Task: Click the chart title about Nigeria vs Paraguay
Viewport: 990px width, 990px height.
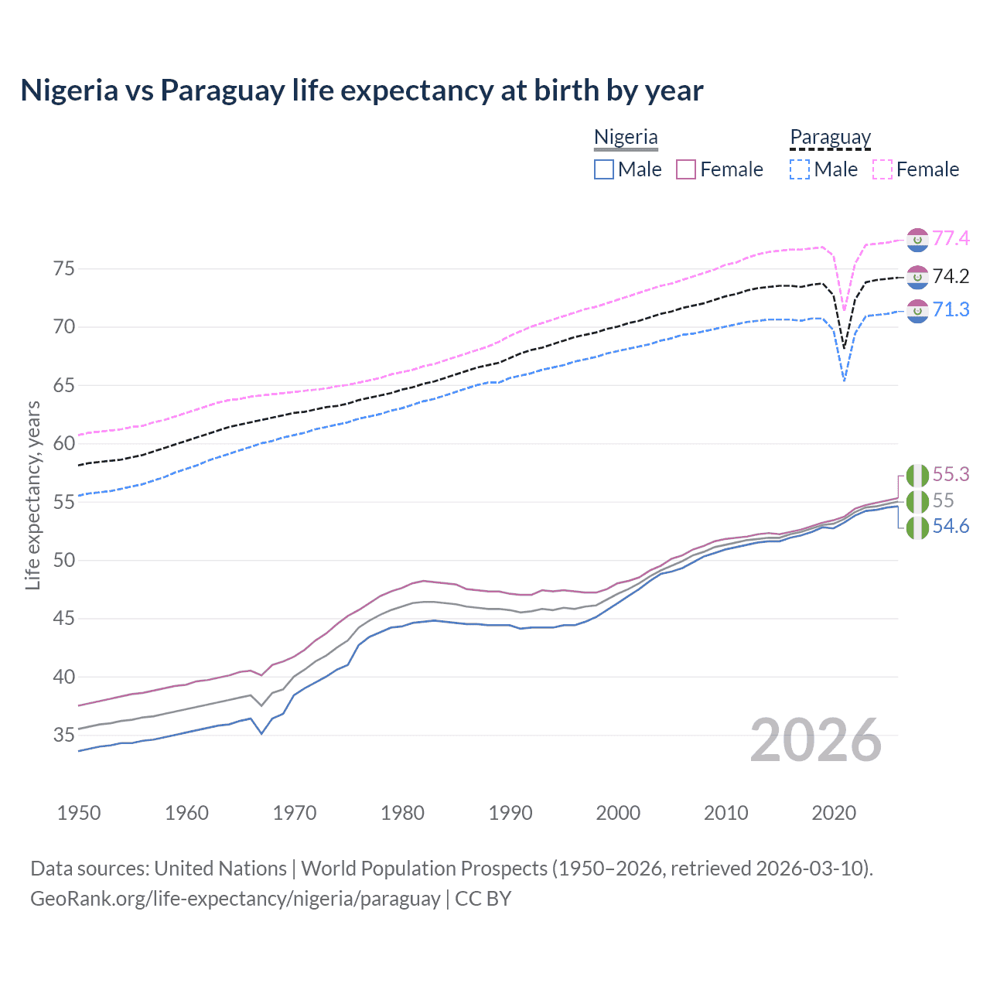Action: tap(361, 90)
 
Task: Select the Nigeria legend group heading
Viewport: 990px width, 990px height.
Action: tap(626, 138)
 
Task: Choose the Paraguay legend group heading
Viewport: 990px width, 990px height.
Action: tap(830, 138)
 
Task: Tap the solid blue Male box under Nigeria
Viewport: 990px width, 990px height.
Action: tap(604, 169)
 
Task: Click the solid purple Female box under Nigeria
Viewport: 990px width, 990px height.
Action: tap(686, 169)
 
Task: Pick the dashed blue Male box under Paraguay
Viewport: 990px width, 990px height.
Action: tap(800, 169)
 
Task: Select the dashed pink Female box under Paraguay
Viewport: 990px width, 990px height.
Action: tap(882, 169)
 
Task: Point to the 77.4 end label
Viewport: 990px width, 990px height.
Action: tap(951, 239)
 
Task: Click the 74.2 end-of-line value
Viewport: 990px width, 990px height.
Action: tap(951, 277)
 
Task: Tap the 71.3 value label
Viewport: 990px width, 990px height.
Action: tap(951, 310)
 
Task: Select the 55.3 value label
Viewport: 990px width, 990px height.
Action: tap(951, 474)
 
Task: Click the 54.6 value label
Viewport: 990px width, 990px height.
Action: tap(951, 527)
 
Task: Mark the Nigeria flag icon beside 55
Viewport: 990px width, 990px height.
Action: tap(917, 501)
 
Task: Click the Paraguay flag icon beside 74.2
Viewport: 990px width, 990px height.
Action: tap(917, 277)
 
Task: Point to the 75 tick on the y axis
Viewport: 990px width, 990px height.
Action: tap(64, 269)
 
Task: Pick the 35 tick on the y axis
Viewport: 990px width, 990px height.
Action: tap(64, 735)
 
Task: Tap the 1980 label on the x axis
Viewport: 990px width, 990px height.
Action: tap(402, 813)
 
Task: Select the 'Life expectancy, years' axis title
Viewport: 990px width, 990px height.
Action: tap(33, 495)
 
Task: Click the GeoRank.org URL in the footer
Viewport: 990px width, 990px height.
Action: tap(235, 899)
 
